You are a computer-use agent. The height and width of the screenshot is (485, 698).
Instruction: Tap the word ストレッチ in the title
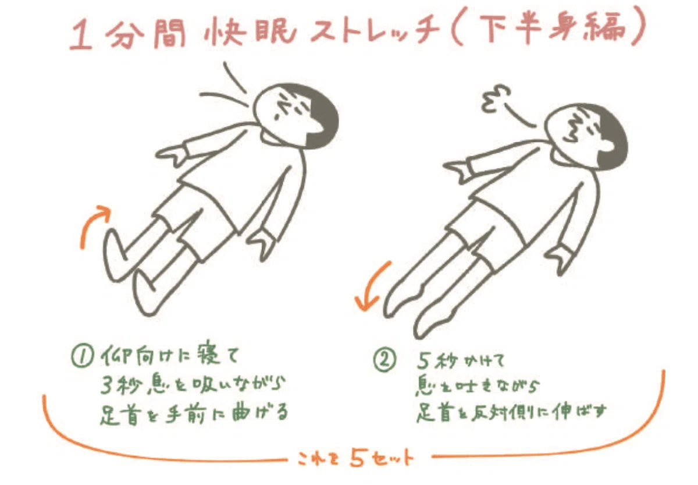pos(375,32)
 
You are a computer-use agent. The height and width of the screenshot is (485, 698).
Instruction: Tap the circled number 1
pos(82,357)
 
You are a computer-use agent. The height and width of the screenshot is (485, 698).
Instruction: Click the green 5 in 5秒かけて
pos(425,362)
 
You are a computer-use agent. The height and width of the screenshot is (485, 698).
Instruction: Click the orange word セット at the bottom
pos(393,458)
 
